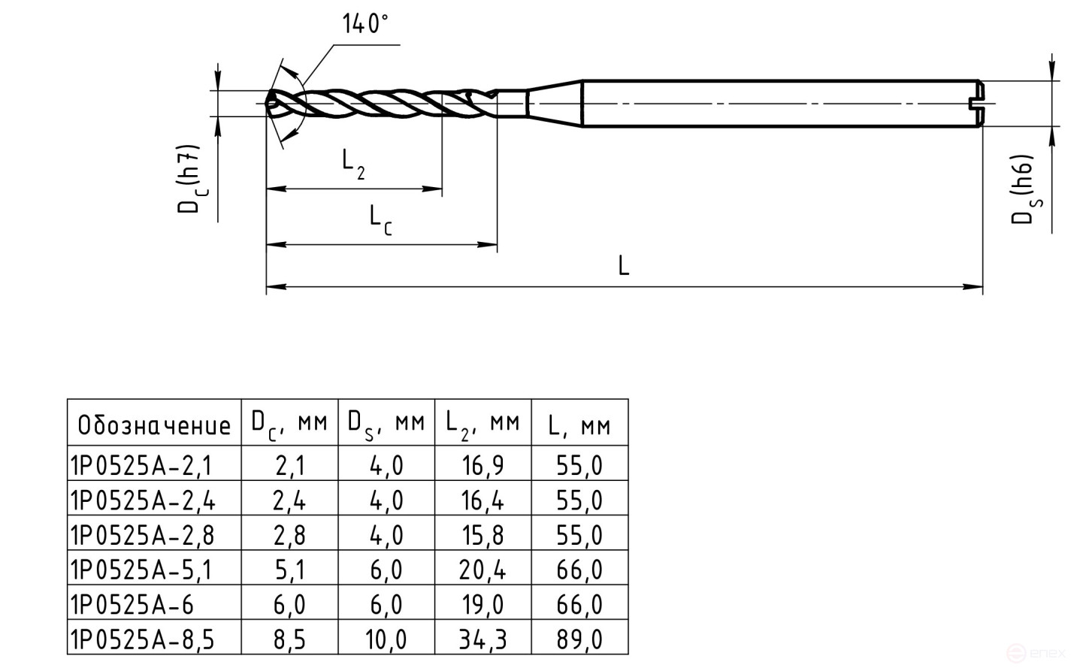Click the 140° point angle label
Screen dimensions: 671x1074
[365, 24]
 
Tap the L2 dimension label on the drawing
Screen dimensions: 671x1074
[353, 162]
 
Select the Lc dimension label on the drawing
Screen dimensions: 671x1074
[380, 219]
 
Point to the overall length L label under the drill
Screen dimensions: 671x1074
[623, 265]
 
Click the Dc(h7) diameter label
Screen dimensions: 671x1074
[189, 179]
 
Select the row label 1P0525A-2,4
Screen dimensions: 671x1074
[143, 500]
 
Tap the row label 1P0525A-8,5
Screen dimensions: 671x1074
[143, 639]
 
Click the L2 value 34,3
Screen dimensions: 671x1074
[483, 639]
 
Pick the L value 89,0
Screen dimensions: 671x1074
[579, 639]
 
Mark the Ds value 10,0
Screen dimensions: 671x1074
[386, 639]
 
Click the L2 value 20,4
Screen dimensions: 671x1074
[483, 570]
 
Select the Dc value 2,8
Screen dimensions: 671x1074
[289, 535]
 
